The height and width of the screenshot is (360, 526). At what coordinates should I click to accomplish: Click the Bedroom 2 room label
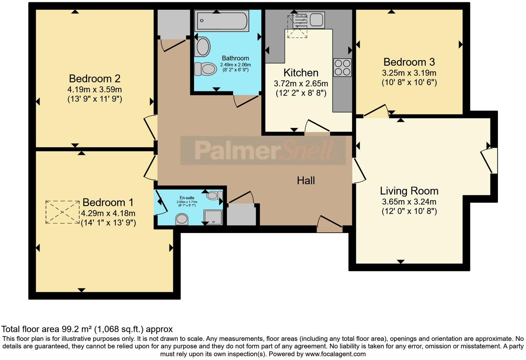(94, 79)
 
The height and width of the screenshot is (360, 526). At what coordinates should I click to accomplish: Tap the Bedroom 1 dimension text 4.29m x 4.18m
(108, 213)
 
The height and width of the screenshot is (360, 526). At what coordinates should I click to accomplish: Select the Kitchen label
(301, 73)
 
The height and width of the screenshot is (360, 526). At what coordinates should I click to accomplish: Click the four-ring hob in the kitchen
(342, 67)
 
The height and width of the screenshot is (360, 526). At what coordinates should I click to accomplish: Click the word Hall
(306, 180)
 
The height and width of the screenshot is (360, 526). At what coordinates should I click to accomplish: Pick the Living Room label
(409, 191)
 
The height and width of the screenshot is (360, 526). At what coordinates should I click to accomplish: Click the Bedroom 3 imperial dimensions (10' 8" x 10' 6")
(409, 83)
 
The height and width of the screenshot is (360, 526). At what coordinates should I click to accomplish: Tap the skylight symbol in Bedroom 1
(63, 212)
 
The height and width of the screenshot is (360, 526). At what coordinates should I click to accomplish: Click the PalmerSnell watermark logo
(263, 150)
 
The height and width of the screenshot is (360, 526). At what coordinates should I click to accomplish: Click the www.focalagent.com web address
(335, 354)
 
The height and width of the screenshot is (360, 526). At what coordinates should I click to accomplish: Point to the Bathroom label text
(235, 58)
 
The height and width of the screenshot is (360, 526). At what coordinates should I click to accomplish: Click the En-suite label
(187, 198)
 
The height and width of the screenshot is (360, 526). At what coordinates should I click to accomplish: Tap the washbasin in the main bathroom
(203, 47)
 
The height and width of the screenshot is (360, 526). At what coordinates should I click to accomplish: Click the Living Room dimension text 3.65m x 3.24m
(409, 202)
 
